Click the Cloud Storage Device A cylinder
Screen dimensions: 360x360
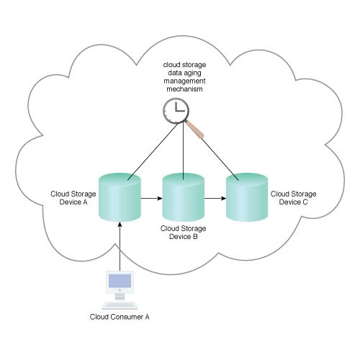coord(120,197)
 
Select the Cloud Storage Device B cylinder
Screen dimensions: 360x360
coord(184,197)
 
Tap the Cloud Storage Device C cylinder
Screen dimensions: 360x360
coord(247,197)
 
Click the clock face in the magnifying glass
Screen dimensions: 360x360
coord(176,111)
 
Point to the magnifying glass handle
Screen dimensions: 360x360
coord(194,130)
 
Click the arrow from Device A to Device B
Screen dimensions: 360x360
coord(151,198)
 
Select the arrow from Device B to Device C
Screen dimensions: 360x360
coord(215,198)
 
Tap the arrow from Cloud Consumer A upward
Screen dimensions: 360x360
coord(120,246)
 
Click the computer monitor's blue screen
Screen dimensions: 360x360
coord(120,281)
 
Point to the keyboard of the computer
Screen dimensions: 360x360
coord(120,305)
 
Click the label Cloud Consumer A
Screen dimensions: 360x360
coord(120,317)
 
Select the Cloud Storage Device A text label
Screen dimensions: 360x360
coord(73,198)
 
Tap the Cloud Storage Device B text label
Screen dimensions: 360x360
coord(184,233)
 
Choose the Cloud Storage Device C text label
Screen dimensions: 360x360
coord(293,198)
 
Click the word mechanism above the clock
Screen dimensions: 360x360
coord(184,89)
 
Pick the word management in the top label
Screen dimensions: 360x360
coord(184,81)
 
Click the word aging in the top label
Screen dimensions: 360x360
coord(192,73)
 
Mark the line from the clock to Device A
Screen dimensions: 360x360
coord(153,151)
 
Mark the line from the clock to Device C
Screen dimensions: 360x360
coord(220,159)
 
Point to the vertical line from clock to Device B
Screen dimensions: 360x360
coord(184,150)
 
